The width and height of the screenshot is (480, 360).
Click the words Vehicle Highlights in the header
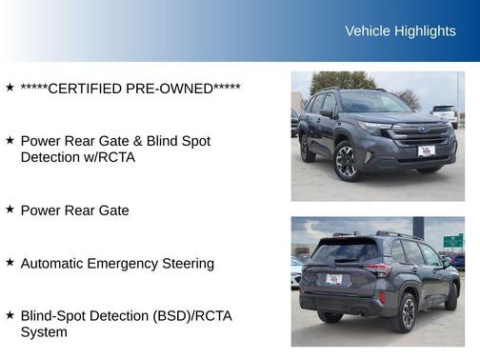tap(400, 31)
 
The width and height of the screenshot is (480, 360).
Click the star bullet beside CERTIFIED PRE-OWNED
tap(10, 88)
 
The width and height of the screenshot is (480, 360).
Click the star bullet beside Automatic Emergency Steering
tap(10, 262)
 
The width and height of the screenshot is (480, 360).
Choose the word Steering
tap(187, 263)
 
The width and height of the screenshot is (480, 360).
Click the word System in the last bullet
tap(44, 332)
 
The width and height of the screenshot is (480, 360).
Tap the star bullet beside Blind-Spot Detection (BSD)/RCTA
tap(10, 314)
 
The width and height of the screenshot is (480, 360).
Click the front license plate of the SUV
tap(426, 150)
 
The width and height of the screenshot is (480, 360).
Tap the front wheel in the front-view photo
tap(347, 161)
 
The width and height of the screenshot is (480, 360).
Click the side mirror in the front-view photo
tap(327, 112)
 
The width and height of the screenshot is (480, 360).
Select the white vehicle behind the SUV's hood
tap(444, 111)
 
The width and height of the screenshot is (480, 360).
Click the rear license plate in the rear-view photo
tap(333, 279)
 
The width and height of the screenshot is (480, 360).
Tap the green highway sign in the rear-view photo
tap(451, 241)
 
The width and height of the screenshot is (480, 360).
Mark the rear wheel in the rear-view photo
tap(407, 310)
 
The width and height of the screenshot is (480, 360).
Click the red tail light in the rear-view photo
tap(378, 270)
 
